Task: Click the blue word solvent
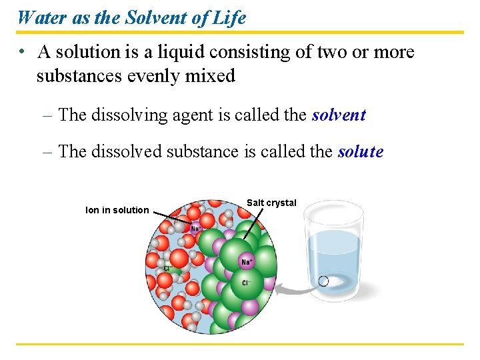[x=339, y=115]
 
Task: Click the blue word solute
[x=361, y=152]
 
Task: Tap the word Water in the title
[x=41, y=17]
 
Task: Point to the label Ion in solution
[x=117, y=210]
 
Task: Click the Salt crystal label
[x=271, y=203]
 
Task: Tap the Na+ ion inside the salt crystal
[x=247, y=262]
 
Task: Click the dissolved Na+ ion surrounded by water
[x=195, y=229]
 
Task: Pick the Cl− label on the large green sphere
[x=245, y=283]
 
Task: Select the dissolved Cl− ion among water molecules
[x=169, y=268]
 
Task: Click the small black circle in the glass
[x=323, y=281]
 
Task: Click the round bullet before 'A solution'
[x=22, y=52]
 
